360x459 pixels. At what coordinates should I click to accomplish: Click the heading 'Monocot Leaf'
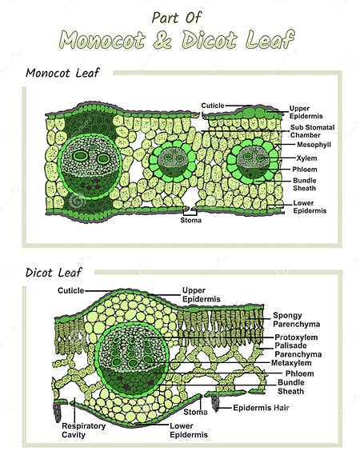(63, 74)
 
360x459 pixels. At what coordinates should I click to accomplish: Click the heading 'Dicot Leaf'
(54, 273)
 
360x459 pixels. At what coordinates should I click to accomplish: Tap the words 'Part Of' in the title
(177, 16)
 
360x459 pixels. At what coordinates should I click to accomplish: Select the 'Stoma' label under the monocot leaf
(190, 220)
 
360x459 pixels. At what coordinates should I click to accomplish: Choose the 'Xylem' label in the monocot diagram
(306, 158)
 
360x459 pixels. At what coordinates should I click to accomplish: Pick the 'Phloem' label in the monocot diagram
(307, 169)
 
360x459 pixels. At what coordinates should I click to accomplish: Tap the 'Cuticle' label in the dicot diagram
(70, 290)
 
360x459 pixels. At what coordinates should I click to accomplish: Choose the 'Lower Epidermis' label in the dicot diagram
(188, 431)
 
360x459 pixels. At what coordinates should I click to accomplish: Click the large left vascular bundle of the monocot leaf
(92, 162)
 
